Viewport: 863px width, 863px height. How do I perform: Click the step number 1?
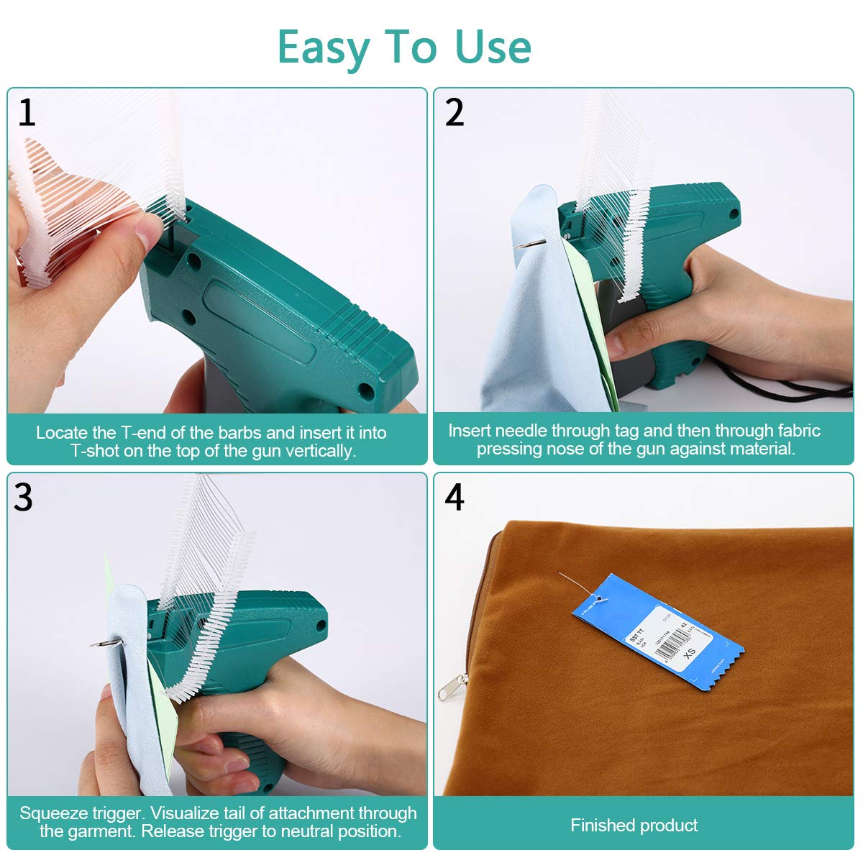pyautogui.click(x=27, y=113)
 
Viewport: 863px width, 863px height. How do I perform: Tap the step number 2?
pyautogui.click(x=454, y=113)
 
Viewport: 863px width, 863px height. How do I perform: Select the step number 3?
pyautogui.click(x=23, y=498)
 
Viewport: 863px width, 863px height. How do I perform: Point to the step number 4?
pyautogui.click(x=454, y=498)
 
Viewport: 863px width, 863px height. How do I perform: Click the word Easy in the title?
pyautogui.click(x=322, y=47)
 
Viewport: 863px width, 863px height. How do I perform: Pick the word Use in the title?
pyautogui.click(x=493, y=47)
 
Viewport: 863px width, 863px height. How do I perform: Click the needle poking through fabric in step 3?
pyautogui.click(x=101, y=642)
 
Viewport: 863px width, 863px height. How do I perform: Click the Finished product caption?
pyautogui.click(x=634, y=825)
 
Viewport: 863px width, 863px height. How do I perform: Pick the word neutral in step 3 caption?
pyautogui.click(x=308, y=831)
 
